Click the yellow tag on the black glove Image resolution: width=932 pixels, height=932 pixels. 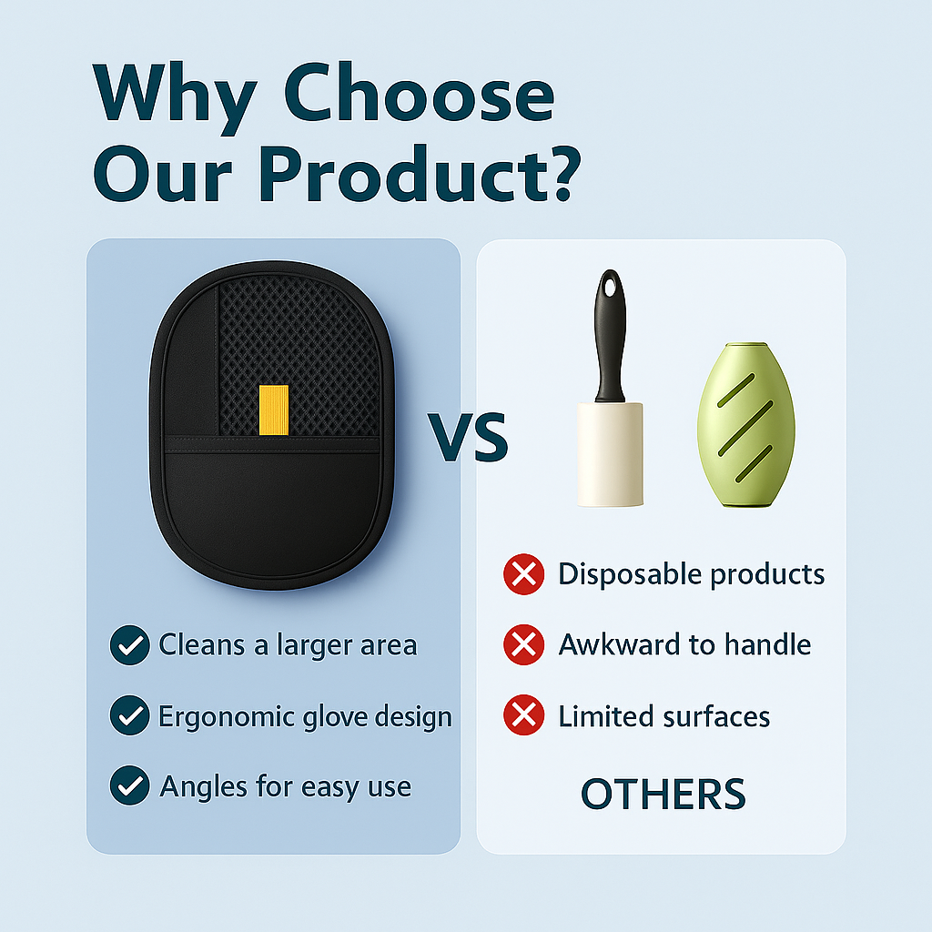(x=274, y=410)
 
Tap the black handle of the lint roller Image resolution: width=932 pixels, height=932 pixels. (x=610, y=337)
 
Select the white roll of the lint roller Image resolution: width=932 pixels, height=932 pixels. (x=610, y=455)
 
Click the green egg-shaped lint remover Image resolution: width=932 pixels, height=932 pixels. (x=746, y=424)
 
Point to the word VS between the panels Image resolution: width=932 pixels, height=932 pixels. (x=468, y=437)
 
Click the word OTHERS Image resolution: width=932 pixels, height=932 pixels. (x=663, y=794)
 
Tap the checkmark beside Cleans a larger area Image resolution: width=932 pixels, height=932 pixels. (x=129, y=645)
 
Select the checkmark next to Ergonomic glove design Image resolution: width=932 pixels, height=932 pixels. (x=129, y=715)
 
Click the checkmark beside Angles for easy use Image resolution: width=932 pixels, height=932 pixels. (x=129, y=785)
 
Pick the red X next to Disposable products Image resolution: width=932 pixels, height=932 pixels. (x=523, y=574)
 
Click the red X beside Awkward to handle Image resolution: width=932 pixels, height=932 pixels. (x=523, y=644)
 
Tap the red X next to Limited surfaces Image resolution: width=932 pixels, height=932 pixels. (x=523, y=715)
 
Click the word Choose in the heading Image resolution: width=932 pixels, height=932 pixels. (x=419, y=94)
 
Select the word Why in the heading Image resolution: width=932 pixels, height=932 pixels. (x=176, y=98)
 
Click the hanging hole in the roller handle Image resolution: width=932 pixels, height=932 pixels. (x=610, y=288)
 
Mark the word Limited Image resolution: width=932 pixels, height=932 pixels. (x=605, y=716)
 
